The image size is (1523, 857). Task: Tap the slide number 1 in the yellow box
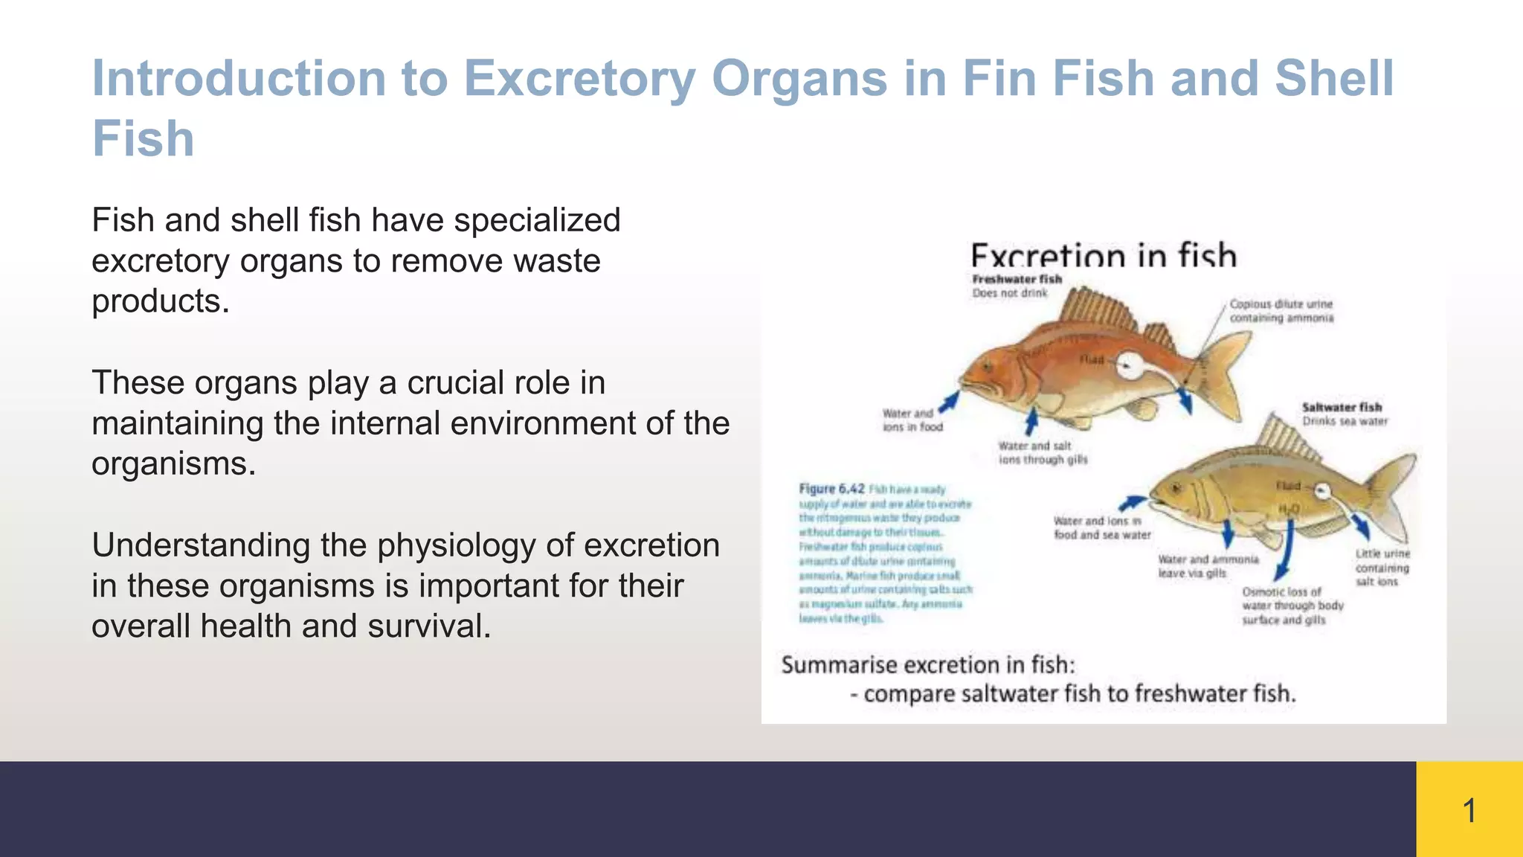click(x=1469, y=810)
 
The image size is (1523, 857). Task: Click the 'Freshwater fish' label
click(x=1017, y=279)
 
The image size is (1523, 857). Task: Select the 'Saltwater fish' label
click(x=1342, y=407)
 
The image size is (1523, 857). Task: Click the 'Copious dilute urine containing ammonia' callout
click(x=1281, y=311)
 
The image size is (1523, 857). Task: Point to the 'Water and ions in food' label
click(x=912, y=420)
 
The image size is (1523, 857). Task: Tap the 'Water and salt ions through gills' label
click(x=1043, y=453)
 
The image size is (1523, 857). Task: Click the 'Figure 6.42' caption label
click(x=831, y=489)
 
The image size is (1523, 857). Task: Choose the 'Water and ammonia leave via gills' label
click(x=1208, y=566)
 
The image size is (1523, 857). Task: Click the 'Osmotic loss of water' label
click(x=1292, y=606)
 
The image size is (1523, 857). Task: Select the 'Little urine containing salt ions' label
click(x=1382, y=568)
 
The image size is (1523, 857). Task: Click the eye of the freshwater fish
click(x=988, y=366)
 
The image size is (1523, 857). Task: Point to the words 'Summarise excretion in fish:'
click(x=928, y=664)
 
